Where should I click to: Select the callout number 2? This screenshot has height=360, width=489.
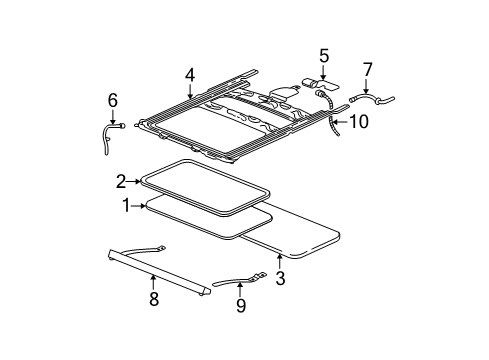121,181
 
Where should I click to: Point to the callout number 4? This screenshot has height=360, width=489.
190,73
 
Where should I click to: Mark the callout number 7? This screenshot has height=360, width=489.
367,69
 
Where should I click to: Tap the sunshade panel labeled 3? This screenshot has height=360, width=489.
300,240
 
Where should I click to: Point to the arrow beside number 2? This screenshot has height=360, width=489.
139,181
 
